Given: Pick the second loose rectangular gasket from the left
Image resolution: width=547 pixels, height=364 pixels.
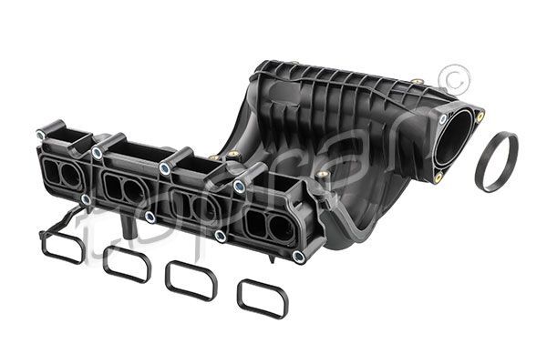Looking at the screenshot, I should coord(127,263).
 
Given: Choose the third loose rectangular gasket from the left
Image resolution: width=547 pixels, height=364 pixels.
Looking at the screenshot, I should coord(191,281).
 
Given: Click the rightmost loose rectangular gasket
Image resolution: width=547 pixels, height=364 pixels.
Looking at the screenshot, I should coord(262,298).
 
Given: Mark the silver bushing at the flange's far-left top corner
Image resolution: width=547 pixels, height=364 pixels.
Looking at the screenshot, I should coord(41,136).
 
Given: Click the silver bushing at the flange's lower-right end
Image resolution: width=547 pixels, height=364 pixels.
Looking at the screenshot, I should coord(298,257).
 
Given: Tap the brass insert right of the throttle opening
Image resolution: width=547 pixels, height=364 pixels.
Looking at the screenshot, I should coord(480,116).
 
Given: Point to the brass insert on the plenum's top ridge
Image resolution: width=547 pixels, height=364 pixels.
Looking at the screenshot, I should coord(416,83).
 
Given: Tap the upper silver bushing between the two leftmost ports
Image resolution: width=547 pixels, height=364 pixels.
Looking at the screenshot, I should coord(97,153).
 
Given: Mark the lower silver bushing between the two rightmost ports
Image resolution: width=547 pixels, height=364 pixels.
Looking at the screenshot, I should coord(221,236).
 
